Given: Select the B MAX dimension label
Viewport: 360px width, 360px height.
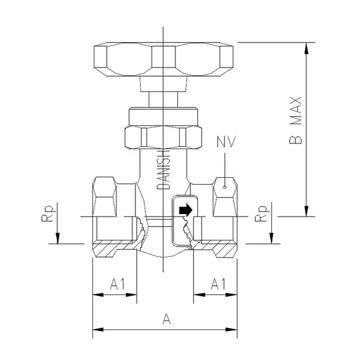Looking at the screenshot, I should pyautogui.click(x=296, y=120).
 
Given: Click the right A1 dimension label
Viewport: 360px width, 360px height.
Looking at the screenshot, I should pyautogui.click(x=217, y=284).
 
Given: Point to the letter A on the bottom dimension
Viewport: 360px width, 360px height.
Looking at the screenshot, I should pyautogui.click(x=166, y=319).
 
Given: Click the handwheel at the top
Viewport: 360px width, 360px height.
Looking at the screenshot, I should pyautogui.click(x=163, y=59).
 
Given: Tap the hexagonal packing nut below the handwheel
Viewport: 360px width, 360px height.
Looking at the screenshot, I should pyautogui.click(x=163, y=136).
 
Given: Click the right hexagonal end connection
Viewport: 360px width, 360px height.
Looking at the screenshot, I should pyautogui.click(x=225, y=195).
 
